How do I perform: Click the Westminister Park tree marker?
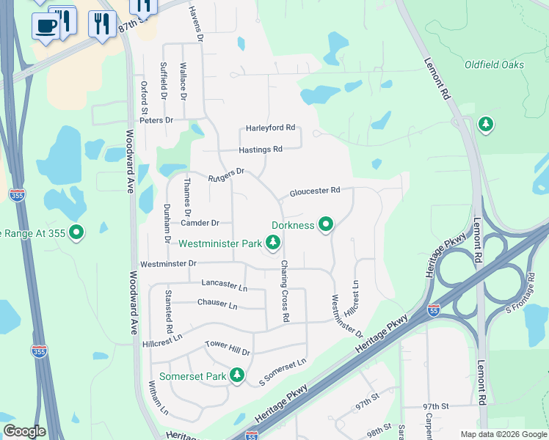point(273,242)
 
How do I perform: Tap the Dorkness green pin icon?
point(326,224)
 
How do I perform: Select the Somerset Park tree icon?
point(236,375)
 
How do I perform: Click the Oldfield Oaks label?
point(494,65)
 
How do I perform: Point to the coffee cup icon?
point(46,26)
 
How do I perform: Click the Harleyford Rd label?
point(270,128)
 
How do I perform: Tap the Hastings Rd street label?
point(261,149)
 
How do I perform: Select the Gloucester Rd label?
point(314,191)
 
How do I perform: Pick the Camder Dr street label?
point(200,223)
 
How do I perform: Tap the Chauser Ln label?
point(217,304)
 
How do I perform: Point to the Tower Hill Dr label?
point(228,348)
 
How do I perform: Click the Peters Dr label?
point(158,120)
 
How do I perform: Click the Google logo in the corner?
point(24,431)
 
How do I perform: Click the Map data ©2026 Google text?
point(503,434)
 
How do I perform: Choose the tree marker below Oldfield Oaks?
point(485,125)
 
